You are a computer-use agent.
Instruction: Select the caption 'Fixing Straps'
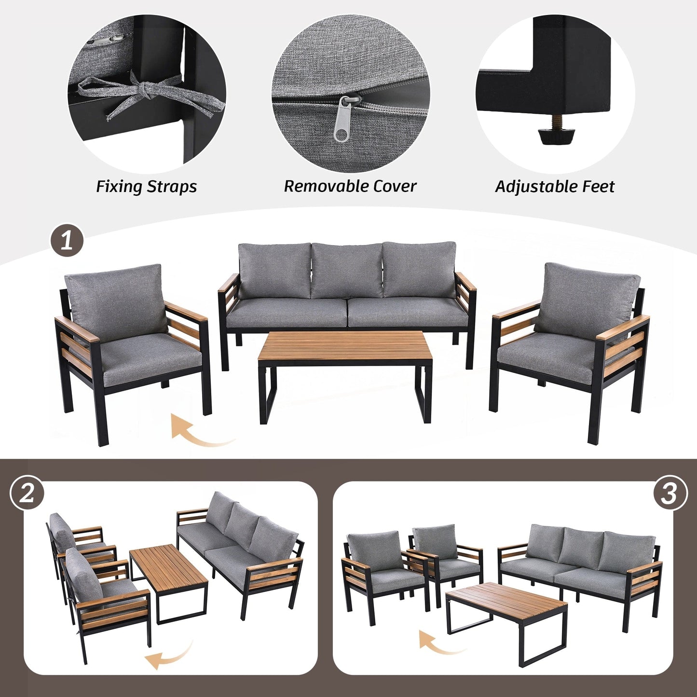pyautogui.click(x=146, y=187)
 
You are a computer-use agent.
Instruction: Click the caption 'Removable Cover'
pyautogui.click(x=350, y=186)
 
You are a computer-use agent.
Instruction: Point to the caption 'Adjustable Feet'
pyautogui.click(x=555, y=187)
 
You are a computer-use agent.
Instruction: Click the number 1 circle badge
pyautogui.click(x=68, y=240)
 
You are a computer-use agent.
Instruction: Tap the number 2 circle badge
pyautogui.click(x=27, y=493)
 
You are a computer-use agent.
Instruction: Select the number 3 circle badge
pyautogui.click(x=670, y=493)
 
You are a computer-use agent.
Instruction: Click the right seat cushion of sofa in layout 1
pyautogui.click(x=405, y=313)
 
